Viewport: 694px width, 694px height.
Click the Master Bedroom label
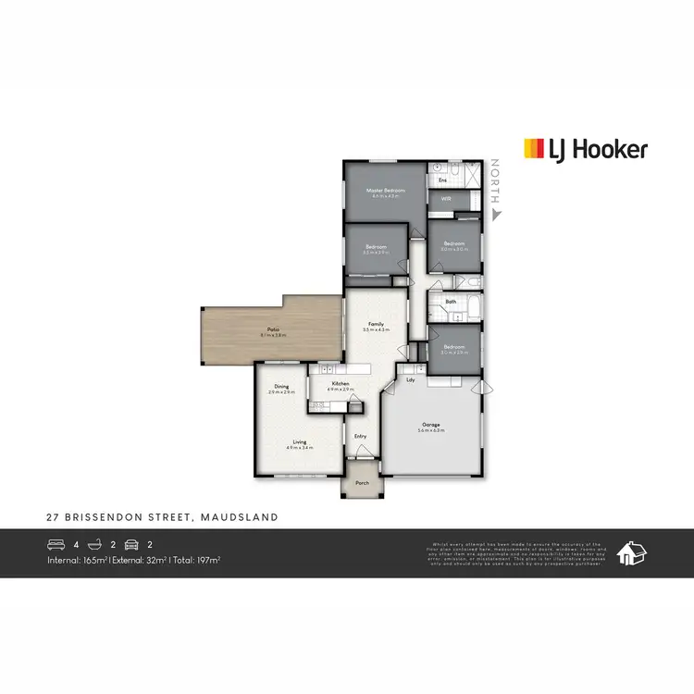point(386,191)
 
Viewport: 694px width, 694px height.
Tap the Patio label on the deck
point(274,329)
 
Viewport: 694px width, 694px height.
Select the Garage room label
point(431,426)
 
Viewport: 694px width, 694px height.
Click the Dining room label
point(281,387)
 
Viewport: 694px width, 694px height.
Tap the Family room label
point(376,324)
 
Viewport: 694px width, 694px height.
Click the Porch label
point(362,481)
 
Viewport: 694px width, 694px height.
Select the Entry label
point(360,436)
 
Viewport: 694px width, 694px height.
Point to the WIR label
point(445,198)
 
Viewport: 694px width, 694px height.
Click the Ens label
point(442,180)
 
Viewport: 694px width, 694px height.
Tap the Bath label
point(451,302)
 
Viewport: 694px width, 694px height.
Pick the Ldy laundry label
point(409,378)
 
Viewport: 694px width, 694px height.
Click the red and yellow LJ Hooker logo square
point(535,149)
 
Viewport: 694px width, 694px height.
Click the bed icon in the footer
point(56,544)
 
